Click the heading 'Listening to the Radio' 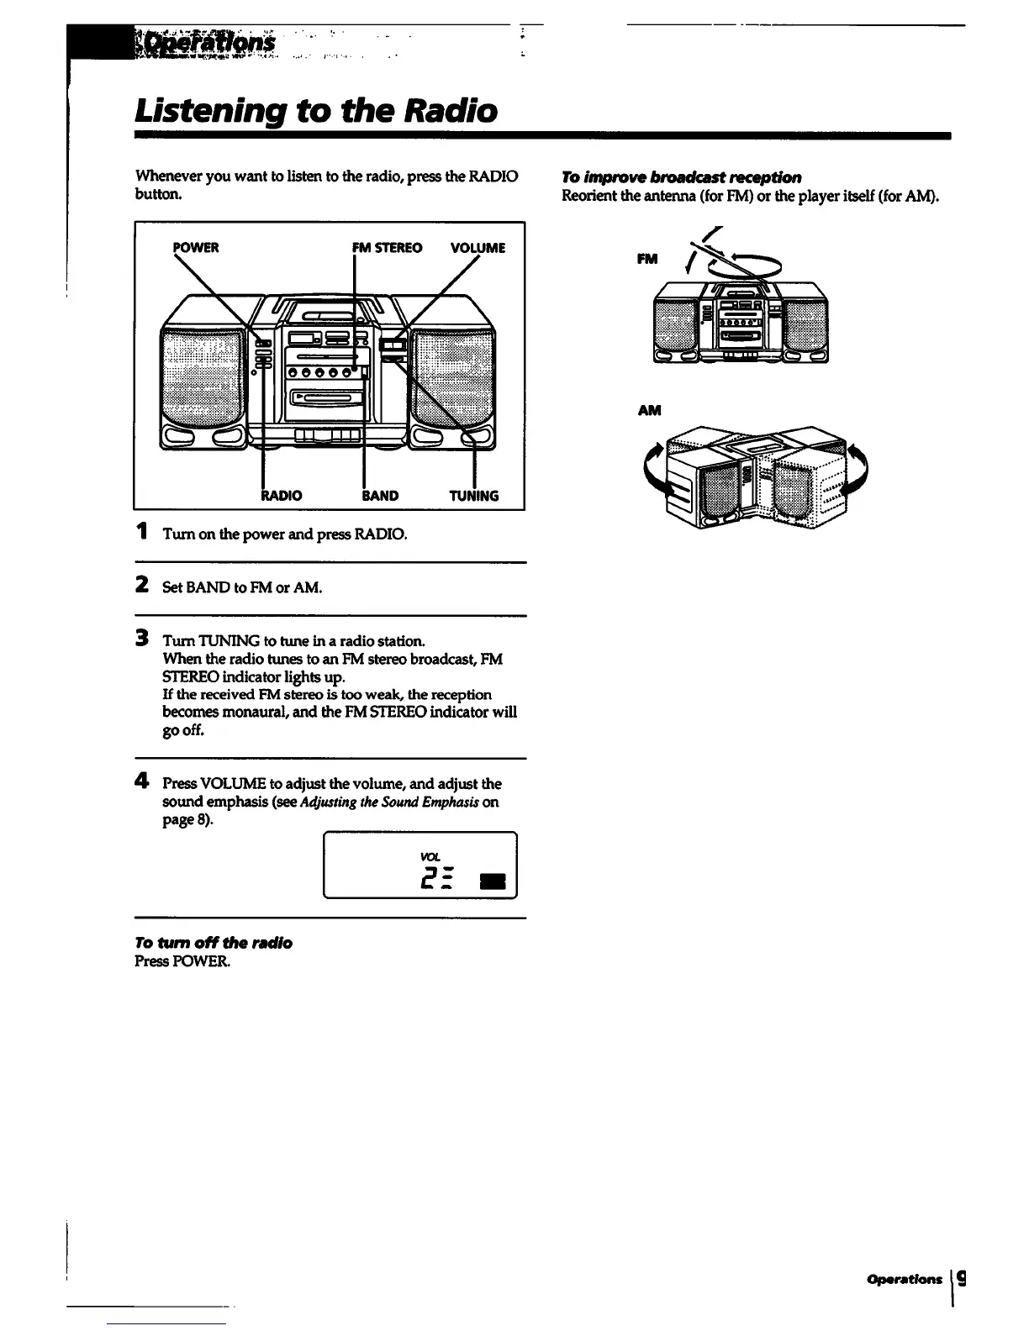click(316, 110)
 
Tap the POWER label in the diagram click(196, 247)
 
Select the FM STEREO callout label click(388, 247)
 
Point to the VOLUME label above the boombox click(478, 247)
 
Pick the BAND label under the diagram click(380, 496)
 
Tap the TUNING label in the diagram click(474, 496)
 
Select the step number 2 click(143, 585)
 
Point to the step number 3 click(143, 639)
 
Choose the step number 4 click(143, 781)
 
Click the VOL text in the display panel click(430, 856)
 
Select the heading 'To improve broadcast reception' click(681, 176)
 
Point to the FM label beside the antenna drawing click(646, 260)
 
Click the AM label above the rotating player click(649, 410)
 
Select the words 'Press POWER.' click(182, 961)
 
